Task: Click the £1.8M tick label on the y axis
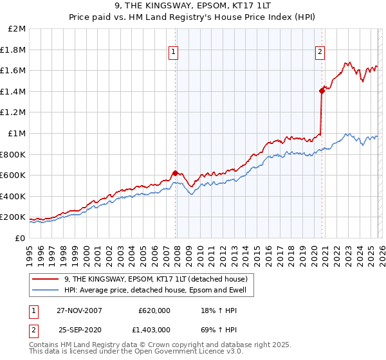pyautogui.click(x=14, y=50)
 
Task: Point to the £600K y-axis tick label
pyautogui.click(x=13, y=175)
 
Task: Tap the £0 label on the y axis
pyautogui.click(x=21, y=238)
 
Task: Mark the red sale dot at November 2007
pyautogui.click(x=176, y=172)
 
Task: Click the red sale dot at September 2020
pyautogui.click(x=322, y=91)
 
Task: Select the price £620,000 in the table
pyautogui.click(x=154, y=310)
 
